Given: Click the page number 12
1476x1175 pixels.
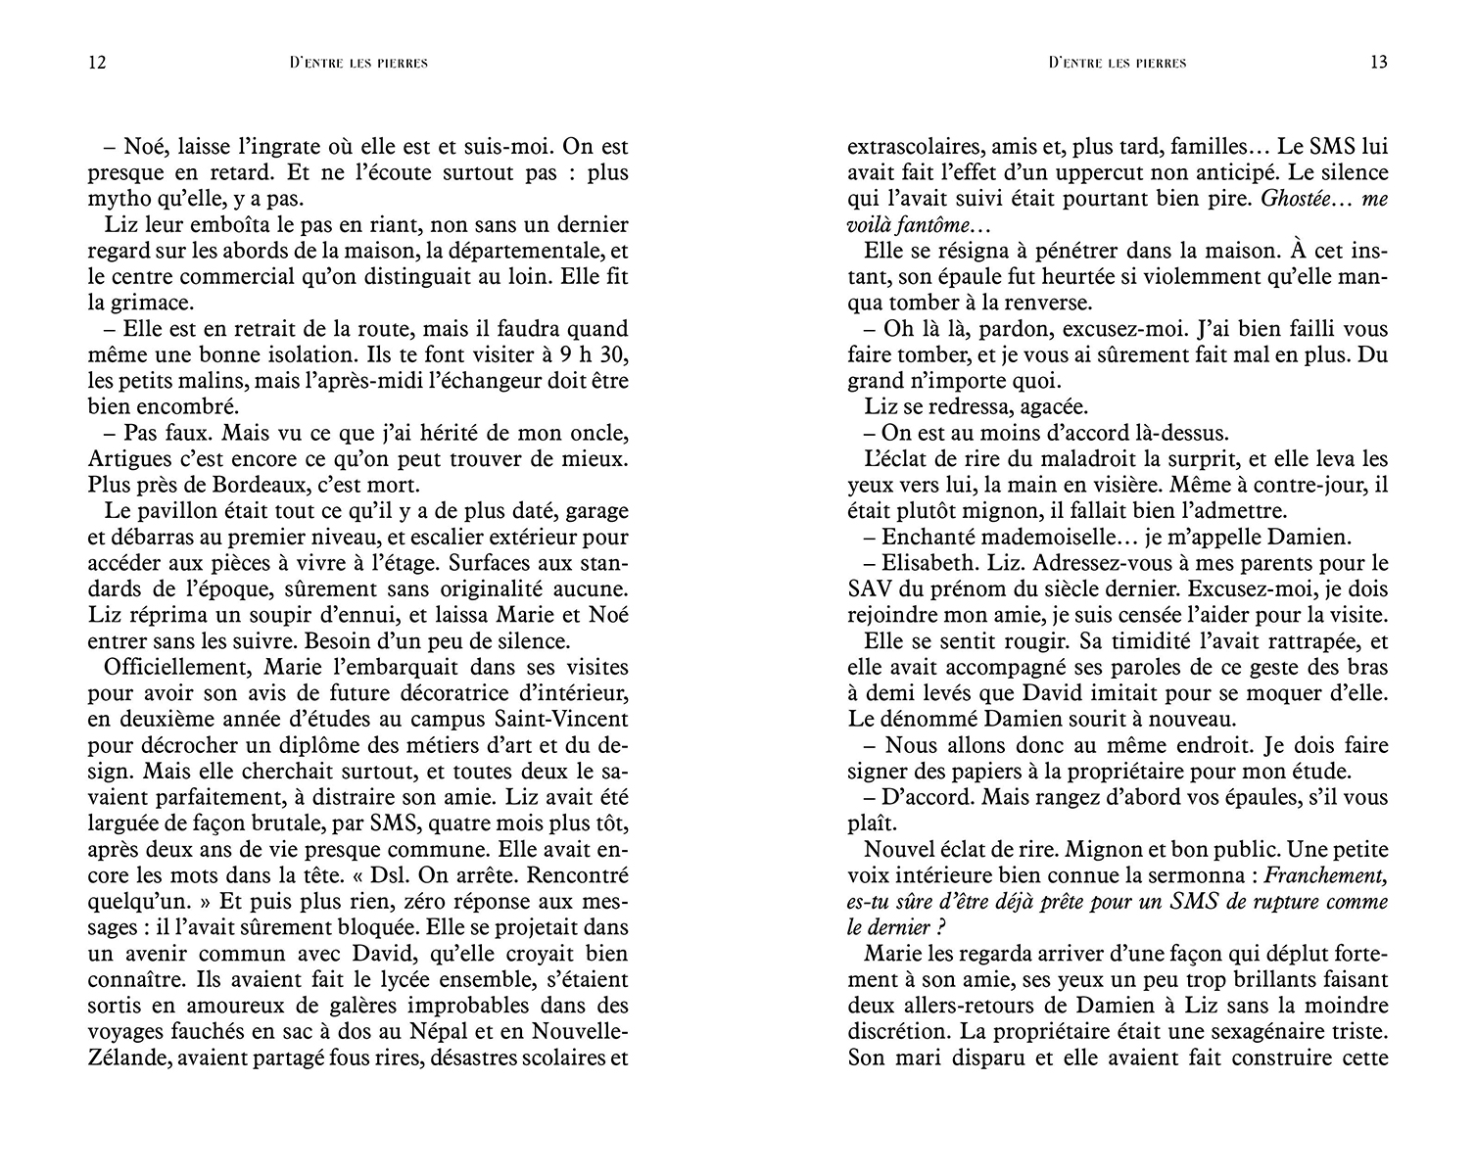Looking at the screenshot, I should click(x=96, y=63).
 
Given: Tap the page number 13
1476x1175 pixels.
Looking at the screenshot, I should click(x=1379, y=63).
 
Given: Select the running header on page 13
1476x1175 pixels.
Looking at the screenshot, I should click(x=1117, y=63).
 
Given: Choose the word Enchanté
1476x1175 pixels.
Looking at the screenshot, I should click(x=928, y=537).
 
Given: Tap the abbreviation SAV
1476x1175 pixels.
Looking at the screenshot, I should click(x=871, y=589).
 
